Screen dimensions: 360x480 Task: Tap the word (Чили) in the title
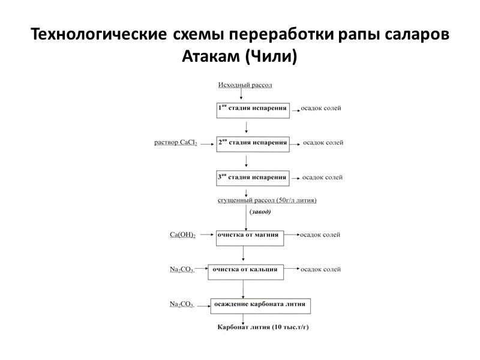(x=271, y=58)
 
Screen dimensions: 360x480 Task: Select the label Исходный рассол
(x=244, y=85)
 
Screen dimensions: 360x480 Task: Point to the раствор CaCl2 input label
(x=176, y=143)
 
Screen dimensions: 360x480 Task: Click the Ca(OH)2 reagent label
(x=183, y=235)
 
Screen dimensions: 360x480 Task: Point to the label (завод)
(x=260, y=212)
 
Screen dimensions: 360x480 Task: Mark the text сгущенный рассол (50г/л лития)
(x=266, y=200)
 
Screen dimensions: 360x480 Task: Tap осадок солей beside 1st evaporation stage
(x=321, y=109)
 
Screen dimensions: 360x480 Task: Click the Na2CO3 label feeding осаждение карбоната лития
(x=182, y=304)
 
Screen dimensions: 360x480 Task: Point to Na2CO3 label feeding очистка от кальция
(x=182, y=270)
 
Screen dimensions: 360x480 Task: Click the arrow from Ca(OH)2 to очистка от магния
(x=206, y=235)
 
